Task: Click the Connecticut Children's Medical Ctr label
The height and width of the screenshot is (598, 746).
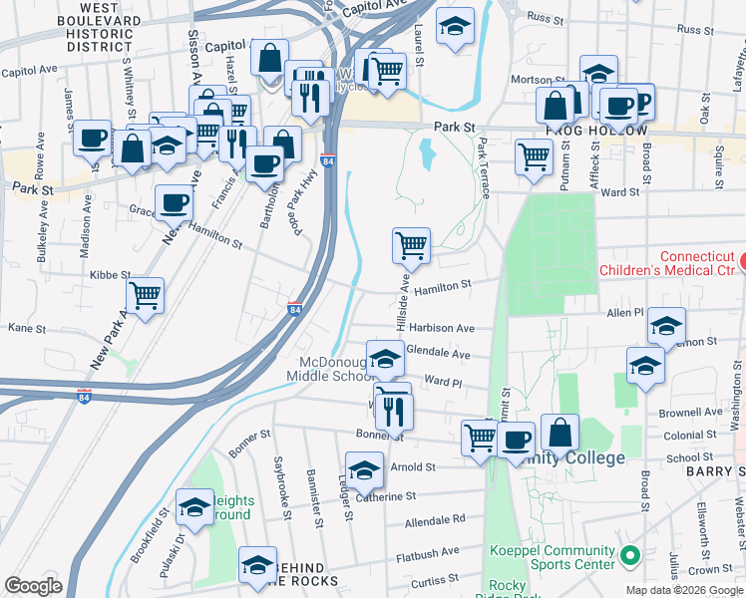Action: (666, 262)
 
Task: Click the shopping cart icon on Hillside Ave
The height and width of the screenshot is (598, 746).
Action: (411, 243)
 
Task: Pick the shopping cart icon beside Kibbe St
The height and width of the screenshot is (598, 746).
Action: (146, 294)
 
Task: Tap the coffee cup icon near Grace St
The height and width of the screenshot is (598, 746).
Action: (174, 203)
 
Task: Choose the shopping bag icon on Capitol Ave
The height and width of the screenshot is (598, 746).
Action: (269, 57)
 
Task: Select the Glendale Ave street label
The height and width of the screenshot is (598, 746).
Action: (440, 354)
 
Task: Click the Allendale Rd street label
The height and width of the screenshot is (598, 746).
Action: (435, 519)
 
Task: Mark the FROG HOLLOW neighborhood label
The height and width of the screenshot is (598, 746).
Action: (596, 132)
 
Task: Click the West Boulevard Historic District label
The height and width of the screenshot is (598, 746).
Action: (94, 26)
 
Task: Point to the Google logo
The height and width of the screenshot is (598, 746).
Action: (34, 585)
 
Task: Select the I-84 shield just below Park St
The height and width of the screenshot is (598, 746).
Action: (328, 160)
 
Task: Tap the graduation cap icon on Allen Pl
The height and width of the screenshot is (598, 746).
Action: (666, 325)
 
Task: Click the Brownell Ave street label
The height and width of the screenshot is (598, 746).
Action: (698, 411)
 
